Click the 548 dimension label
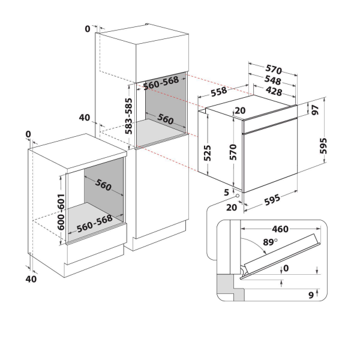click(273, 80)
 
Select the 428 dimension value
click(274, 91)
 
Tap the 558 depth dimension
click(219, 92)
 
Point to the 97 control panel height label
click(316, 110)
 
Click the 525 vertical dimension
click(207, 153)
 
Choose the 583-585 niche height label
click(128, 116)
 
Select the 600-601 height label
click(61, 212)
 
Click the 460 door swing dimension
click(280, 229)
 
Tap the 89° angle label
click(270, 242)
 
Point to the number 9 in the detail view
click(311, 295)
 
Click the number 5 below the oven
click(227, 192)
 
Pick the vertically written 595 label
click(323, 146)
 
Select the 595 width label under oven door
click(272, 200)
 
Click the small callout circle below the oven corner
click(237, 196)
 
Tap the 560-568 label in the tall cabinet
click(161, 83)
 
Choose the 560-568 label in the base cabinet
click(95, 224)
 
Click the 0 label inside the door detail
click(286, 268)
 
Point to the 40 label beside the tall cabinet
click(85, 118)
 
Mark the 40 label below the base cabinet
click(31, 279)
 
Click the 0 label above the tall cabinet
click(88, 29)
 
